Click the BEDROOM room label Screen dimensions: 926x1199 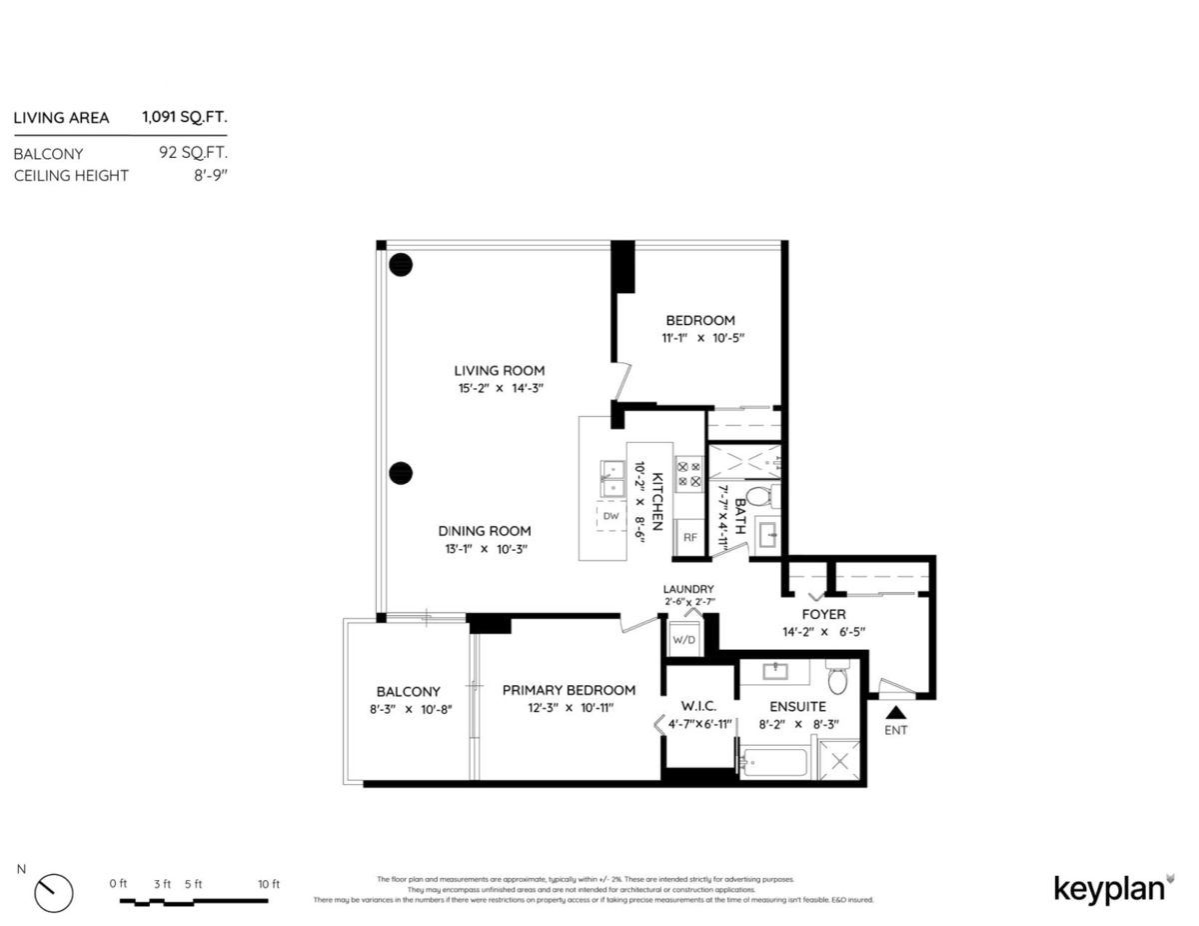[x=700, y=320]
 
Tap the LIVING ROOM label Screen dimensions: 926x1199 [x=500, y=370]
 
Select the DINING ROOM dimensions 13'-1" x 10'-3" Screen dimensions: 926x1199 [x=484, y=549]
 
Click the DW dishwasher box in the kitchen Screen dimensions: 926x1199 [x=611, y=516]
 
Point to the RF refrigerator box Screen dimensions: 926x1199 [x=689, y=537]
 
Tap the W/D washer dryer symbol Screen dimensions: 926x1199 [x=683, y=639]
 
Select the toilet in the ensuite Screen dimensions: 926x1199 [x=837, y=680]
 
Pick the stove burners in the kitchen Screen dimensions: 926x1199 [x=688, y=473]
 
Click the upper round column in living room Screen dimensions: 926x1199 [x=401, y=265]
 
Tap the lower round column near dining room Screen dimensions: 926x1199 [x=401, y=473]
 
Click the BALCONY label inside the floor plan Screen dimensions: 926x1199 [x=408, y=691]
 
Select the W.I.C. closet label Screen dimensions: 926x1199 [x=698, y=706]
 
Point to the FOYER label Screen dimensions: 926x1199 [x=823, y=614]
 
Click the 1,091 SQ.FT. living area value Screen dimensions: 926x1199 [x=184, y=117]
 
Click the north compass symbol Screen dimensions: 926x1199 [x=54, y=891]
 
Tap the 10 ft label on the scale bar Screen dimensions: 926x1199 [x=268, y=884]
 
